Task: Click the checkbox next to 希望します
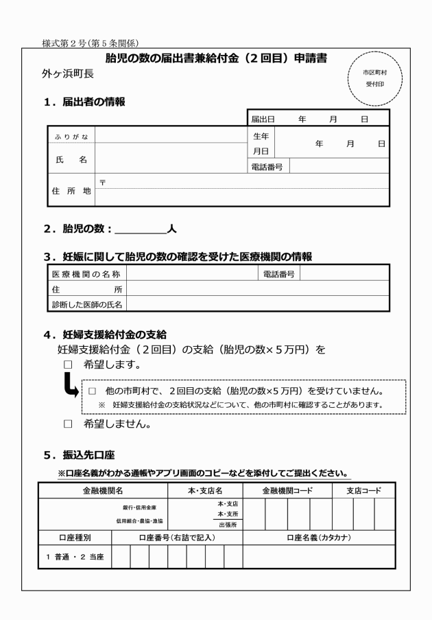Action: (x=67, y=364)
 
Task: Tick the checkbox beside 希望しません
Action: (x=67, y=424)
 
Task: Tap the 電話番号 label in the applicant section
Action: (x=267, y=166)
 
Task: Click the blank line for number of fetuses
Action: (x=141, y=229)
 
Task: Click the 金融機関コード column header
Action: (x=287, y=491)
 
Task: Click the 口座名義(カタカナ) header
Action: (x=318, y=537)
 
